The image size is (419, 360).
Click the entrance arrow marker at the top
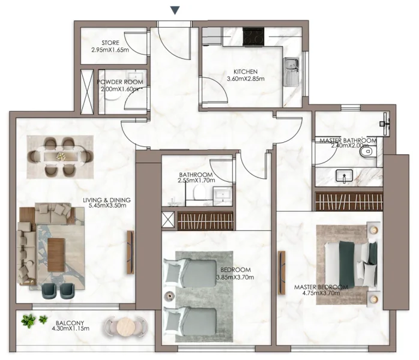pyautogui.click(x=175, y=10)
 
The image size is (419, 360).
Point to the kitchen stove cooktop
pyautogui.click(x=252, y=37)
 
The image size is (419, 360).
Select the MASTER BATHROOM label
pyautogui.click(x=348, y=141)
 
